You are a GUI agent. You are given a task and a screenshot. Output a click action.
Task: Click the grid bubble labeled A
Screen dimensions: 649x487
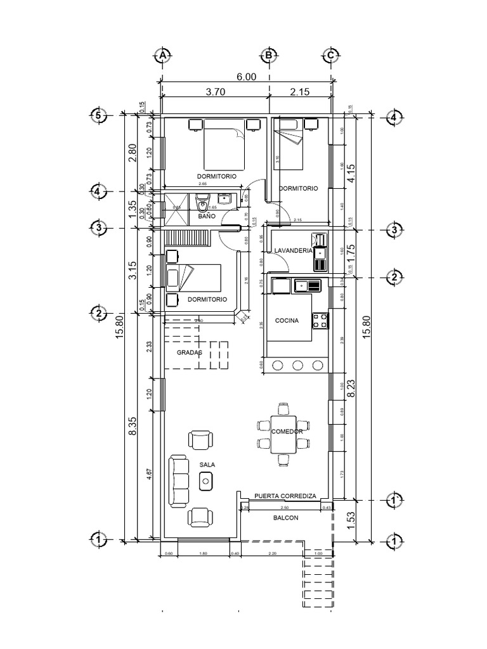[162, 56]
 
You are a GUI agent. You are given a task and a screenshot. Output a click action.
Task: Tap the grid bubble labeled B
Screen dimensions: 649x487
[269, 56]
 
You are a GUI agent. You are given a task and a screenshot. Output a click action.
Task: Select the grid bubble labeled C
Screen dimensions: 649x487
[330, 56]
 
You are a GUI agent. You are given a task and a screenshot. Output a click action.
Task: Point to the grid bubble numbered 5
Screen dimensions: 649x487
[98, 116]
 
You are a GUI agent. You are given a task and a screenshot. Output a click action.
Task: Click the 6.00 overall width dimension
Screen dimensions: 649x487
[247, 77]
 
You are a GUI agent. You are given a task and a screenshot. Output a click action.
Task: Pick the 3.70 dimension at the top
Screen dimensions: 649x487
[216, 92]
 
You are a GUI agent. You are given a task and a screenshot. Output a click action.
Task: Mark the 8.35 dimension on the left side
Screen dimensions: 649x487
[132, 428]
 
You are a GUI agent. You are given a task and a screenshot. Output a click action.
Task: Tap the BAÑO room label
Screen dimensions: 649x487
[207, 217]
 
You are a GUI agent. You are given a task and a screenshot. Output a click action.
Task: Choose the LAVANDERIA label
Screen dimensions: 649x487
[293, 251]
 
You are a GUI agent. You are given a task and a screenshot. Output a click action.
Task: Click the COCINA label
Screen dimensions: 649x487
[287, 321]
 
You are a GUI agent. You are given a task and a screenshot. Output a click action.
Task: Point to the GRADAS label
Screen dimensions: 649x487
[189, 352]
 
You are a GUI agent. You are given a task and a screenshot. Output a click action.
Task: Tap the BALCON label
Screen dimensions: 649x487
[285, 518]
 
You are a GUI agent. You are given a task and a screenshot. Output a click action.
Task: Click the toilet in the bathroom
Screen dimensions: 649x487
[202, 205]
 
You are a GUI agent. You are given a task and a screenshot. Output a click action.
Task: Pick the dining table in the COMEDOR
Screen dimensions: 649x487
[283, 435]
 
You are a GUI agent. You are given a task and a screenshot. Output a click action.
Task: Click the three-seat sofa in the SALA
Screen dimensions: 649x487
[179, 480]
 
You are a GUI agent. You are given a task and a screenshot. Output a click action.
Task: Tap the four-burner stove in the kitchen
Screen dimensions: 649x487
[320, 321]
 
